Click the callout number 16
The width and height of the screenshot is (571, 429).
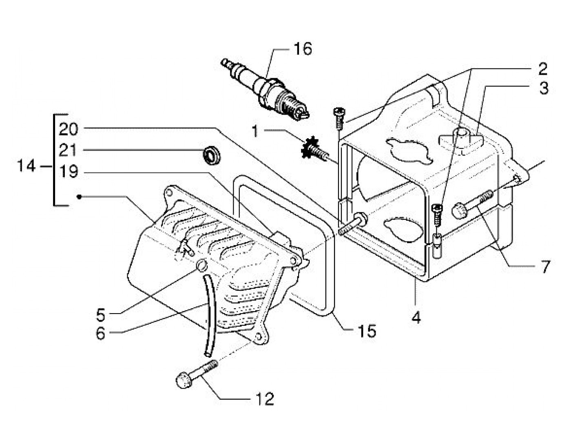303,49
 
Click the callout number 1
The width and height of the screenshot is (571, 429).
255,131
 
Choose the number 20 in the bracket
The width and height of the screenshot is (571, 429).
68,129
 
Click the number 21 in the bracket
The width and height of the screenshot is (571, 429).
68,150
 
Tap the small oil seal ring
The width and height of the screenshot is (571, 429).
212,156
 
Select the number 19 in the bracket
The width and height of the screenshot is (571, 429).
68,172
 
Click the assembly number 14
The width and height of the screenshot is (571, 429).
26,166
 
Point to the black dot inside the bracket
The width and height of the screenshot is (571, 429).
79,197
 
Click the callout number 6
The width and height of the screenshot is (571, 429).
101,333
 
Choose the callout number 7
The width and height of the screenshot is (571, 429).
542,267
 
